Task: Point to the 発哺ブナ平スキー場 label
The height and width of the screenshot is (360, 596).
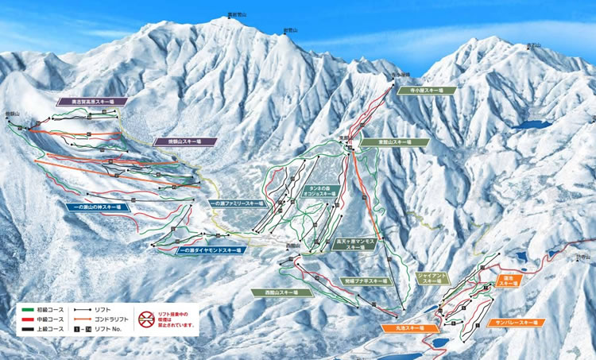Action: coord(366,281)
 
